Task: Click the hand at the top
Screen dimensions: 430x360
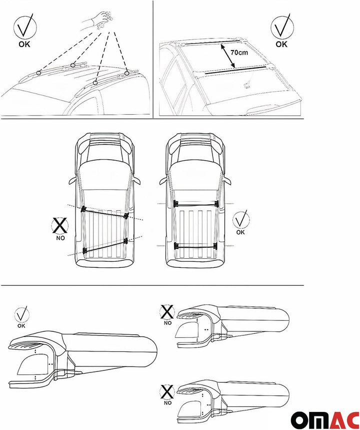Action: point(99,19)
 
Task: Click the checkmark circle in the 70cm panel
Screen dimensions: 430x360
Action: point(282,28)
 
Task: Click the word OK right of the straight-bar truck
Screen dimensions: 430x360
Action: point(240,232)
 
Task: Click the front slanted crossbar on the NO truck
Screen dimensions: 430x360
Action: point(105,212)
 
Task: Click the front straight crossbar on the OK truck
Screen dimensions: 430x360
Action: point(196,203)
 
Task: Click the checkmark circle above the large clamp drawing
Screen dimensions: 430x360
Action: point(21,314)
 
